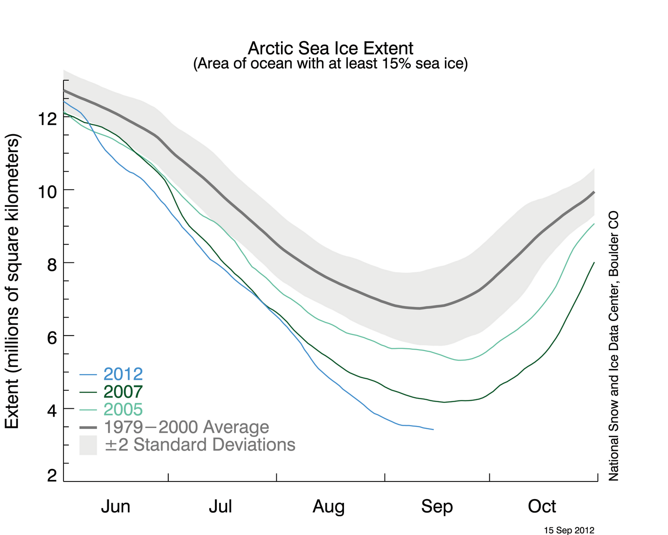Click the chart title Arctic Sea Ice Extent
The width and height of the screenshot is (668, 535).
click(x=330, y=48)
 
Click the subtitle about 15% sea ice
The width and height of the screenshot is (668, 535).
click(x=330, y=64)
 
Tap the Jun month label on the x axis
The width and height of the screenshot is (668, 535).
click(x=116, y=507)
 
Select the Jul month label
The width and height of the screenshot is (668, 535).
click(x=220, y=507)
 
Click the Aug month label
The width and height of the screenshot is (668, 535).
click(x=329, y=507)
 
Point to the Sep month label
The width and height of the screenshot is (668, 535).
click(x=437, y=507)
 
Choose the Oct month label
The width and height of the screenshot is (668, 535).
click(x=541, y=507)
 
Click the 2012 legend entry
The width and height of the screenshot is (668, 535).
click(x=123, y=374)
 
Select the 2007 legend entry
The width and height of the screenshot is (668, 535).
click(x=123, y=392)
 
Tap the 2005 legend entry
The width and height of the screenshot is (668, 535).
click(x=123, y=409)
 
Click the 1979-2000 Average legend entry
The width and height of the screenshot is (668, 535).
click(x=186, y=427)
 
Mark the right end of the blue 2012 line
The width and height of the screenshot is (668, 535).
click(x=433, y=429)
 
